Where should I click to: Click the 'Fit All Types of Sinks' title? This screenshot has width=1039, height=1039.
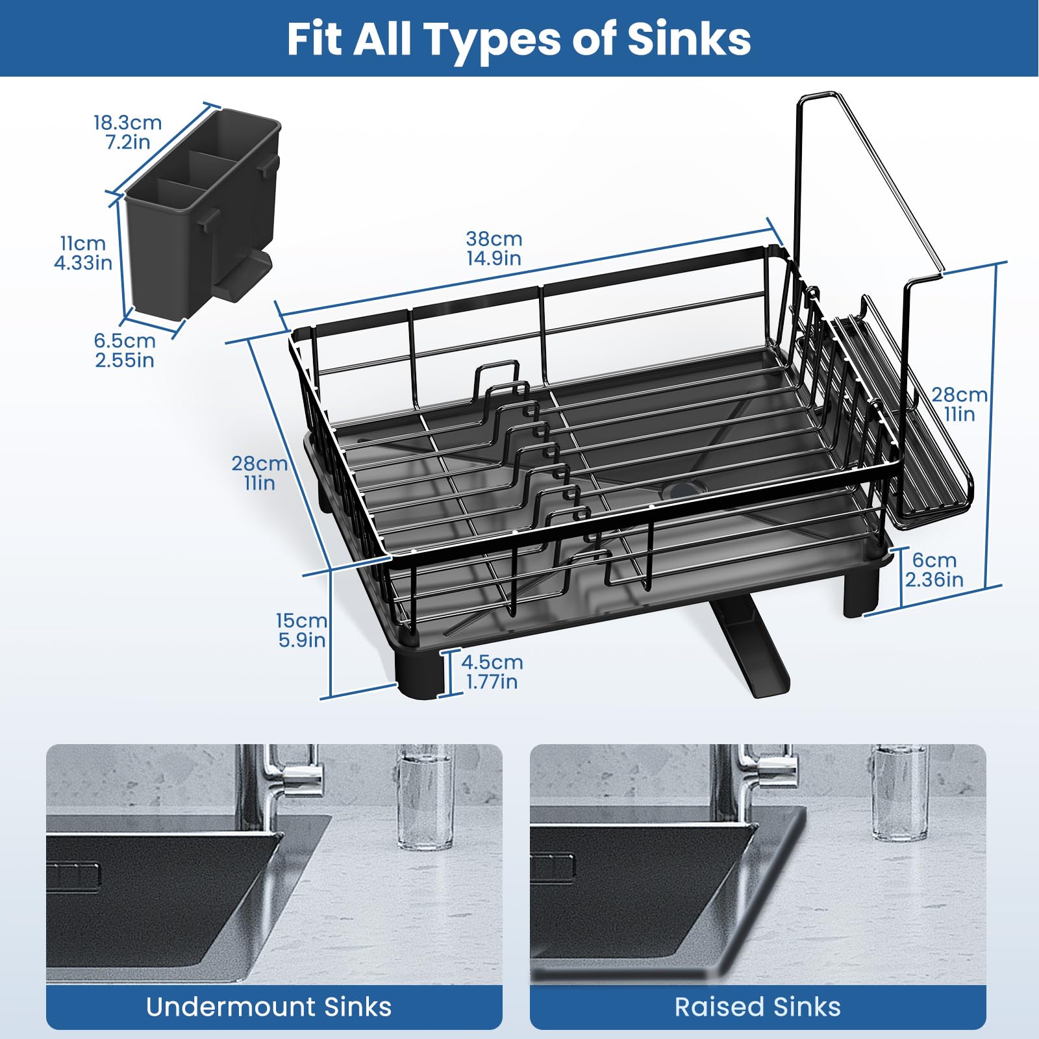tap(519, 39)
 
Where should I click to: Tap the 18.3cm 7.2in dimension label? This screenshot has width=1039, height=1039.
tap(127, 132)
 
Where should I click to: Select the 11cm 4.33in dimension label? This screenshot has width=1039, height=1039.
tap(83, 253)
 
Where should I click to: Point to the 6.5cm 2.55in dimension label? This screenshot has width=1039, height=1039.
tap(125, 350)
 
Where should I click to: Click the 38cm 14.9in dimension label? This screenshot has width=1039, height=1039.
tap(494, 248)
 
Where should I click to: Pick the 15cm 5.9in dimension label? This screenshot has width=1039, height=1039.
tap(302, 630)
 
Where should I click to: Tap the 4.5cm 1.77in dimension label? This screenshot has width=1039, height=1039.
tap(492, 671)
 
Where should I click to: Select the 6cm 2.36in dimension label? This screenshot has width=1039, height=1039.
tap(934, 570)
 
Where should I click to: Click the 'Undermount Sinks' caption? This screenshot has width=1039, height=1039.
tap(269, 1007)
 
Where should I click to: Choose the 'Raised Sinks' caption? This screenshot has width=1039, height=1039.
tap(757, 1007)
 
